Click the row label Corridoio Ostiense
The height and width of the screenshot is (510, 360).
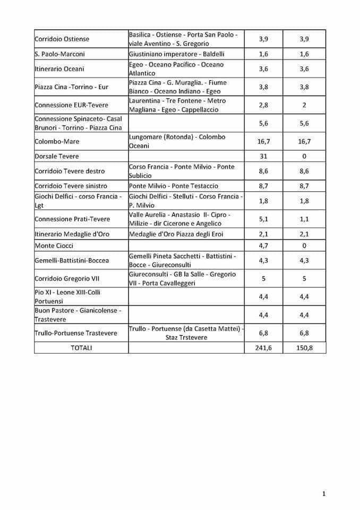click(62, 39)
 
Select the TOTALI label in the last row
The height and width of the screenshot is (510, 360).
click(81, 347)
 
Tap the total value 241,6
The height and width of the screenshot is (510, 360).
click(263, 347)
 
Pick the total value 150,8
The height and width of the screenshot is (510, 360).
click(304, 347)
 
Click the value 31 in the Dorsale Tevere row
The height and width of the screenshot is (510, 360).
click(263, 156)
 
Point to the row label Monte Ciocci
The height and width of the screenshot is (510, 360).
click(54, 245)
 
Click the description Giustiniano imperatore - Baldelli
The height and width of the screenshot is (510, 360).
click(176, 54)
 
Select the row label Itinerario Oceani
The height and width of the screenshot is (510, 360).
click(59, 69)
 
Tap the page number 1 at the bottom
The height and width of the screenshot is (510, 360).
click(323, 494)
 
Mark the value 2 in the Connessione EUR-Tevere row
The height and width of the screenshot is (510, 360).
click(304, 105)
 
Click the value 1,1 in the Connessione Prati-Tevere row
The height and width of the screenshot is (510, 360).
click(304, 219)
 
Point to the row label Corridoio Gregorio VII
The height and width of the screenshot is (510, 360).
click(66, 278)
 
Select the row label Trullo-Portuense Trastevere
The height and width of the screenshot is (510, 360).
click(76, 333)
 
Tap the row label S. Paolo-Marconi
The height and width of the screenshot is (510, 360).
click(59, 54)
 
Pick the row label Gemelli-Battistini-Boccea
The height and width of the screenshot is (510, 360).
click(72, 260)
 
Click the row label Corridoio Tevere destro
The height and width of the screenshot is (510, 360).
click(70, 171)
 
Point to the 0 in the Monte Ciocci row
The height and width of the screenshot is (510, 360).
click(304, 245)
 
